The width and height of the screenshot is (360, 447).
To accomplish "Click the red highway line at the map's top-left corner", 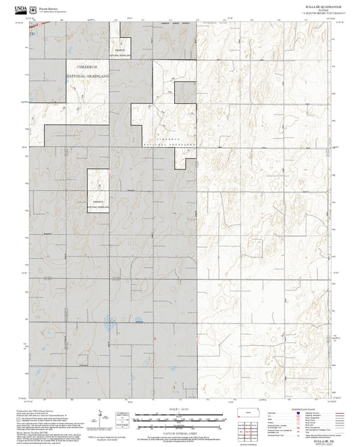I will (32, 22).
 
